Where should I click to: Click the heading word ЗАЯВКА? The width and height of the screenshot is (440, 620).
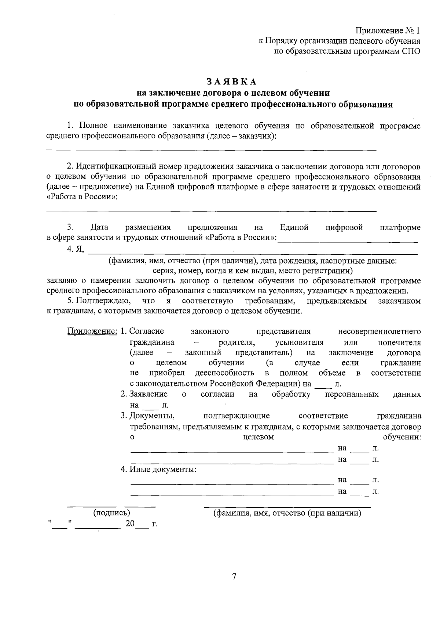[231, 81]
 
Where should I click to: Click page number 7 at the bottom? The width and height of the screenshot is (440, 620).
[234, 576]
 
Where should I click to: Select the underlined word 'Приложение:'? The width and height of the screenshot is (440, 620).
[92, 332]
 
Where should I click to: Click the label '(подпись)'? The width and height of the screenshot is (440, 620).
[111, 513]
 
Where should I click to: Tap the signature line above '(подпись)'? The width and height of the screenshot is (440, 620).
[111, 507]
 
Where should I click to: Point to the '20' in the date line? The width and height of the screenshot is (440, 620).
[130, 524]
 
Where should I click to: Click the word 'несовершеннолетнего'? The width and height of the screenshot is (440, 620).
[379, 332]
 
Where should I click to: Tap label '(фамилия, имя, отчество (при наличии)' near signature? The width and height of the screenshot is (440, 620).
[287, 513]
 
